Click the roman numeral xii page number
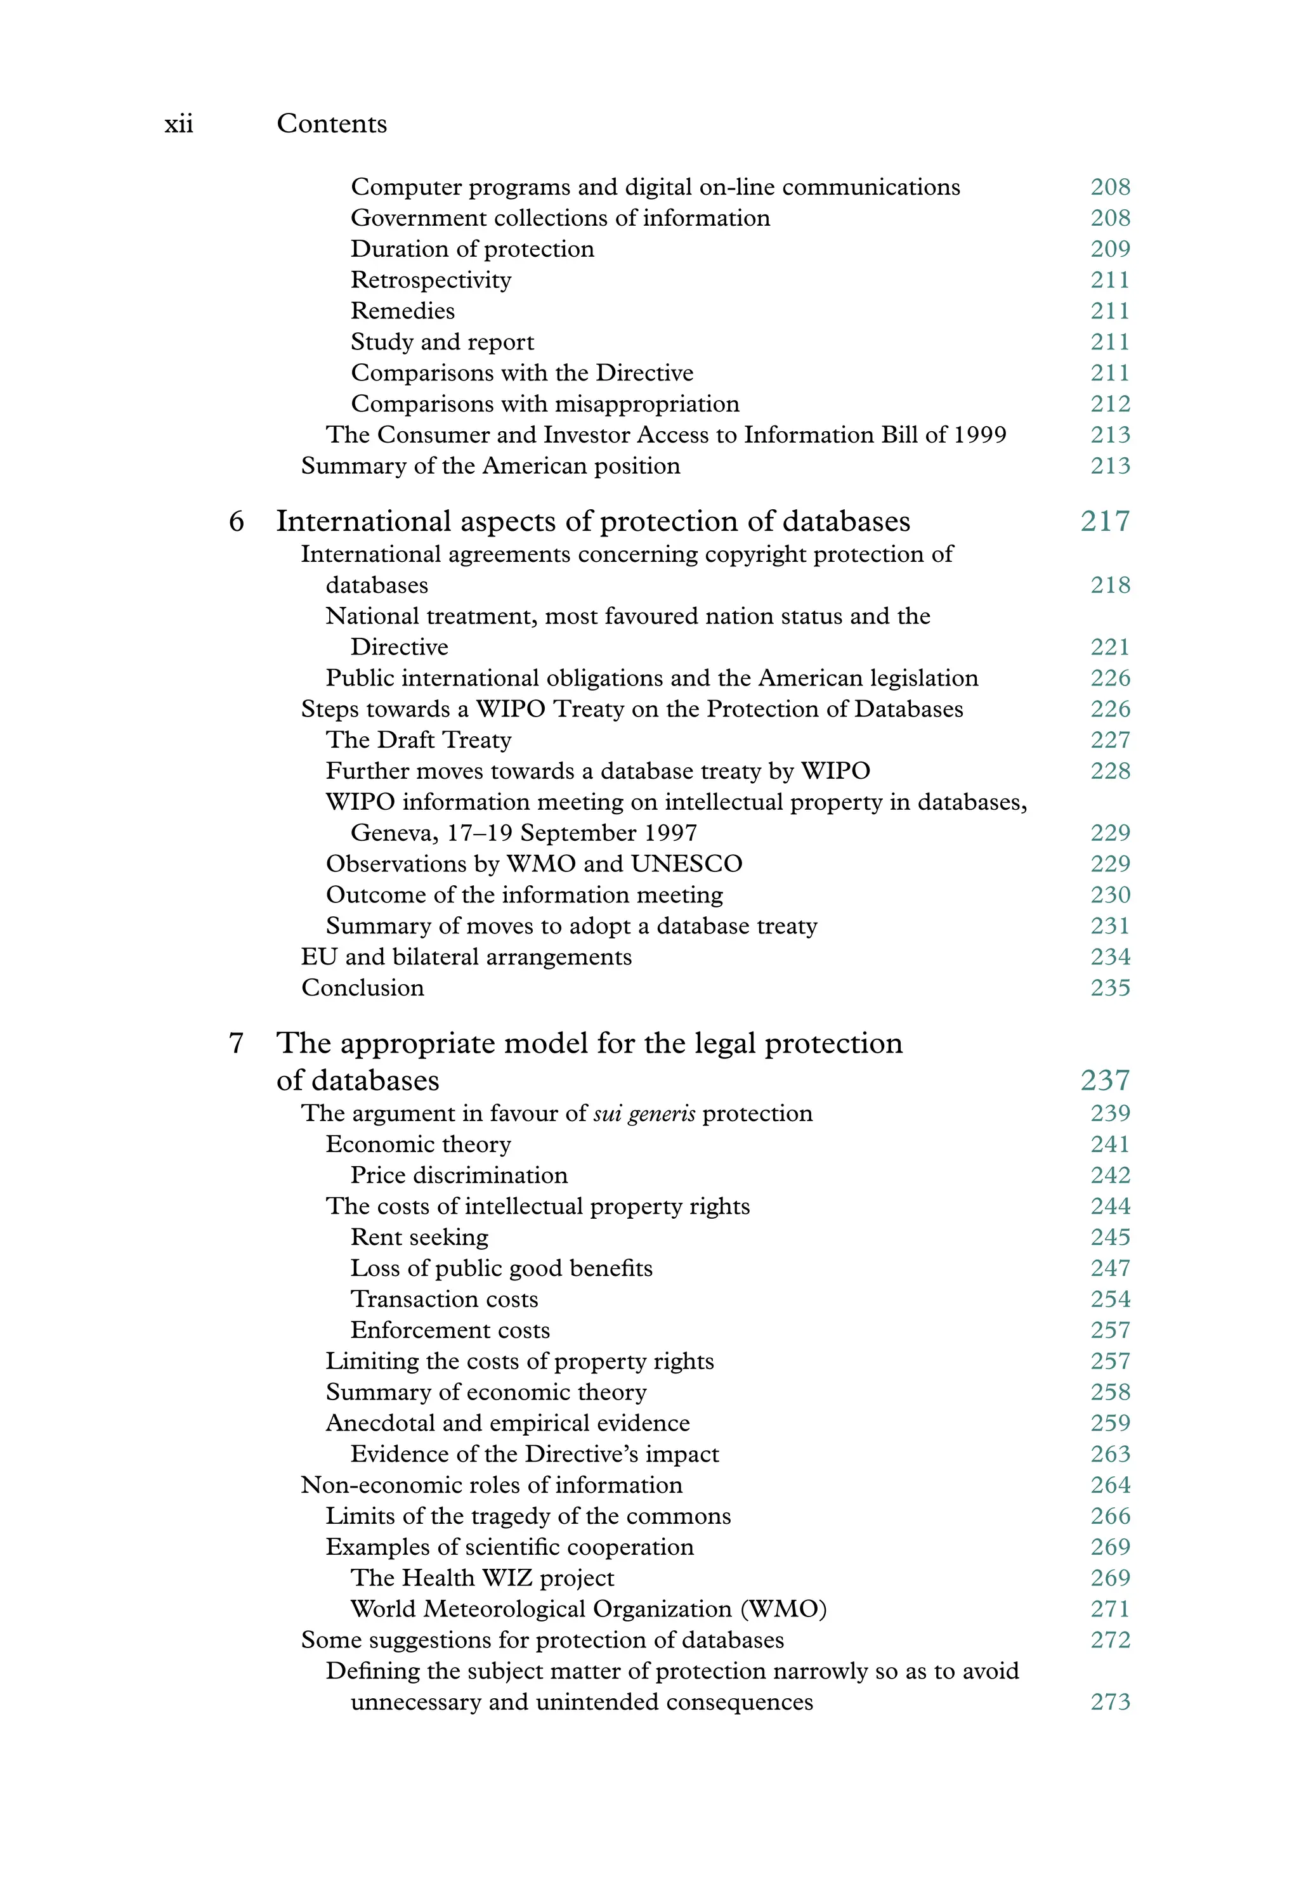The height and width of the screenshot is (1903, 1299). (x=179, y=124)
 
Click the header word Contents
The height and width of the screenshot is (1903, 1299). (x=332, y=124)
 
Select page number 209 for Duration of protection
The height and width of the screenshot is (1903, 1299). (x=1110, y=249)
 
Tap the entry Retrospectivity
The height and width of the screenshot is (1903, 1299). (x=431, y=280)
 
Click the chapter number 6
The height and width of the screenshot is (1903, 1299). (x=236, y=522)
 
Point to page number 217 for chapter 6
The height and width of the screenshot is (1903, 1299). (x=1105, y=522)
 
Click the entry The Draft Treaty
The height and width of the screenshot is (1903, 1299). (x=419, y=740)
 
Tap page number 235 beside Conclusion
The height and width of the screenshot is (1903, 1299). (x=1110, y=989)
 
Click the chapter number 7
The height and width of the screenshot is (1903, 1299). (x=236, y=1043)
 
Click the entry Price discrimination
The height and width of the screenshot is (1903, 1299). (x=459, y=1176)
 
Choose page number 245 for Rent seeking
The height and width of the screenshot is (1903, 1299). (x=1110, y=1237)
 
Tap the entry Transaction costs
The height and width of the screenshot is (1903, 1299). (x=444, y=1299)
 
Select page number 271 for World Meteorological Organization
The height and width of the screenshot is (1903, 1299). (x=1110, y=1609)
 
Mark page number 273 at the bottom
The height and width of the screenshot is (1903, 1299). (x=1110, y=1703)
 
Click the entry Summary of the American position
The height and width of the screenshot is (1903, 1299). (x=490, y=466)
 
